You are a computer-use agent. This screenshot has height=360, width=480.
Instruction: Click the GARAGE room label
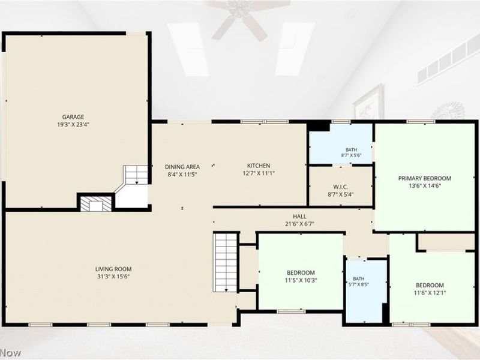click(x=73, y=117)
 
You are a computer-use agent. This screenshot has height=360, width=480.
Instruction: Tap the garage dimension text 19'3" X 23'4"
click(x=73, y=125)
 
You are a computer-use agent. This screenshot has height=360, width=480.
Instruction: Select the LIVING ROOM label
click(x=113, y=269)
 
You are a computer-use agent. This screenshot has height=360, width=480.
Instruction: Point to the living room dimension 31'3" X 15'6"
click(x=113, y=277)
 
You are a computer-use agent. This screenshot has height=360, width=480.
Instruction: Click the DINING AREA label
click(x=182, y=167)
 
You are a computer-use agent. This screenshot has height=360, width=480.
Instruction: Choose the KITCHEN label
click(x=259, y=166)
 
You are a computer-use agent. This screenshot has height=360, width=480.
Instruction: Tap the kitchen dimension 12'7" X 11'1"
click(x=259, y=173)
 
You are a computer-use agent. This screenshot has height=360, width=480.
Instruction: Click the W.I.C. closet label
click(x=340, y=187)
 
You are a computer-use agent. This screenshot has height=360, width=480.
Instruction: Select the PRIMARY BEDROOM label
click(x=425, y=178)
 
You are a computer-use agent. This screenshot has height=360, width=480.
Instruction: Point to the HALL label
click(x=299, y=217)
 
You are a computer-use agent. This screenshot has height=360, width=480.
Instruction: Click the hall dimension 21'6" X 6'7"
click(x=299, y=224)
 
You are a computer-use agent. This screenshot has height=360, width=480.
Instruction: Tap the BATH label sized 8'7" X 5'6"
click(x=352, y=149)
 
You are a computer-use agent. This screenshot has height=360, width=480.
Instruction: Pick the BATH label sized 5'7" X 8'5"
click(x=359, y=279)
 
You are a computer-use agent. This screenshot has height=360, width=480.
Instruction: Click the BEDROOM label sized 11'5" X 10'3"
click(x=301, y=272)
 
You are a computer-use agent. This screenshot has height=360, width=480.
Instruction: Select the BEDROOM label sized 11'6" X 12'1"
click(x=430, y=286)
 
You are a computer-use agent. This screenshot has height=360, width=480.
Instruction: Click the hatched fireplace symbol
click(x=96, y=203)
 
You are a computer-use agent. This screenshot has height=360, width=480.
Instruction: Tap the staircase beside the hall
click(x=226, y=263)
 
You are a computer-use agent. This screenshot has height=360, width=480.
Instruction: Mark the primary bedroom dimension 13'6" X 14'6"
click(x=425, y=186)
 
